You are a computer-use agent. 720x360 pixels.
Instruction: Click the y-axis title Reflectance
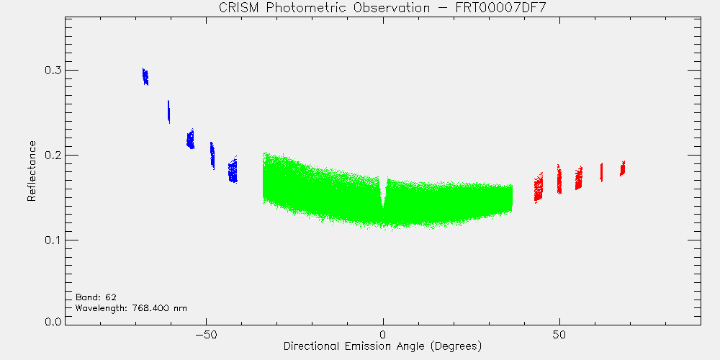(31, 171)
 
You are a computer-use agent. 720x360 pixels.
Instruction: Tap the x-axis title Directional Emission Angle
(354, 346)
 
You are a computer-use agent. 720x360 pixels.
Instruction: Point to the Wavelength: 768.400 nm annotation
(131, 308)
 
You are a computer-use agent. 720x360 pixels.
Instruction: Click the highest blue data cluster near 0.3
(145, 77)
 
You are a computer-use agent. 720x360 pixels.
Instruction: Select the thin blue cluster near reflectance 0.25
(168, 112)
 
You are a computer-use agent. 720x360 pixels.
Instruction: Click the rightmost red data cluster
(622, 168)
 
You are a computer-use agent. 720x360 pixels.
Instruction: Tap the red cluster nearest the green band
(538, 187)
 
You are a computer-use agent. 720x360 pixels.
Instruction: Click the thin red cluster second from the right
(601, 172)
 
